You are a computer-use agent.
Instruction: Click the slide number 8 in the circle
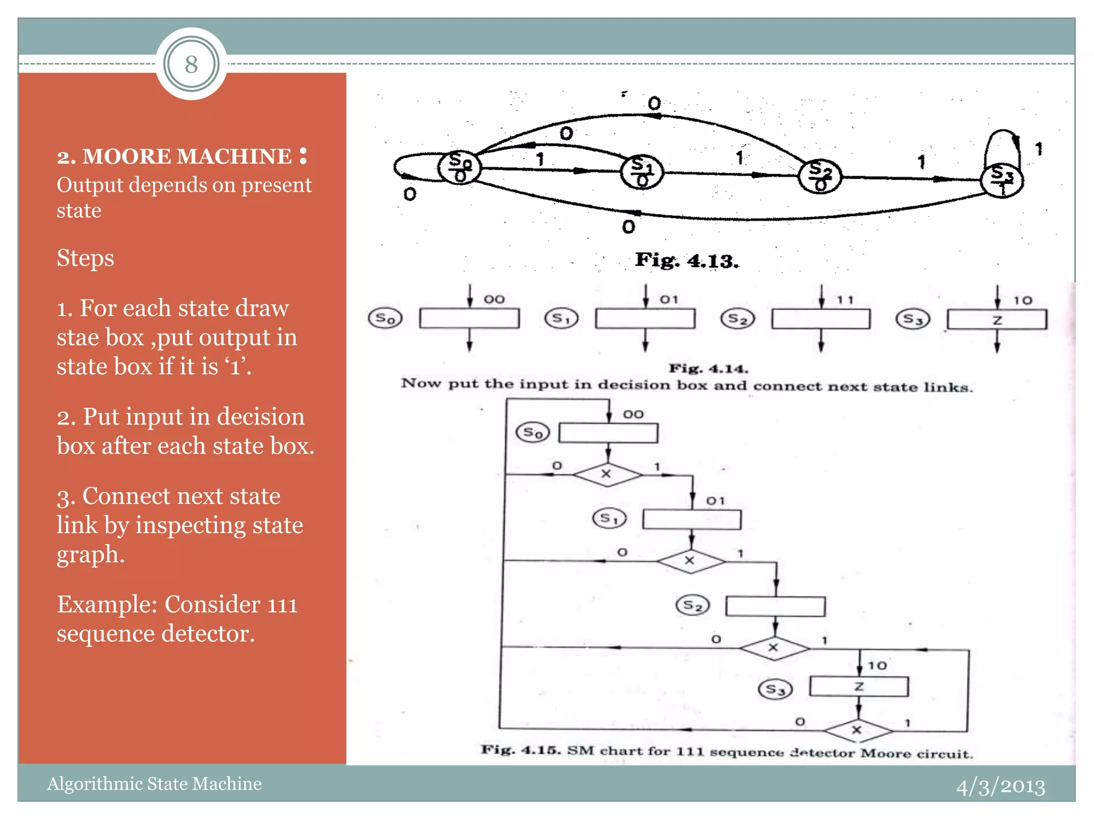pos(191,65)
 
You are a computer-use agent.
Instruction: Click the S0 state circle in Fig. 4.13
pos(459,167)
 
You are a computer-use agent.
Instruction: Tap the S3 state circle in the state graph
pos(1002,180)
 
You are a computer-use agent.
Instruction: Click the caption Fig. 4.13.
pos(687,261)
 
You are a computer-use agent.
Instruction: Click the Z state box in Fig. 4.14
pos(997,320)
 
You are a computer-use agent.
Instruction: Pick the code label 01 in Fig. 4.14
pos(669,299)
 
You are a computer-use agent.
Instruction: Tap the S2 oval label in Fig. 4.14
pos(738,319)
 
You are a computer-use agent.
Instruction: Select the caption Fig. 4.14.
pos(708,368)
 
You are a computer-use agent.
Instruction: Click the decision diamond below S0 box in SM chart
pos(607,474)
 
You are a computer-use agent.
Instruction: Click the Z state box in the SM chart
pos(859,687)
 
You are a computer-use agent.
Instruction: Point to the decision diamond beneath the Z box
pos(857,729)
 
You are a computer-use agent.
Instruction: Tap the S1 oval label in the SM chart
pos(609,518)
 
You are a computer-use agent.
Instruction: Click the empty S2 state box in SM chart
pos(775,606)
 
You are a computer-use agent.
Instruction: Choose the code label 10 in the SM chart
pos(877,666)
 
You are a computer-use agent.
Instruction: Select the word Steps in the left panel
pos(85,258)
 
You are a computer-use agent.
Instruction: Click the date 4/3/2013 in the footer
pos(1000,786)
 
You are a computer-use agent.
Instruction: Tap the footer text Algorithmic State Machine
pos(154,784)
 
